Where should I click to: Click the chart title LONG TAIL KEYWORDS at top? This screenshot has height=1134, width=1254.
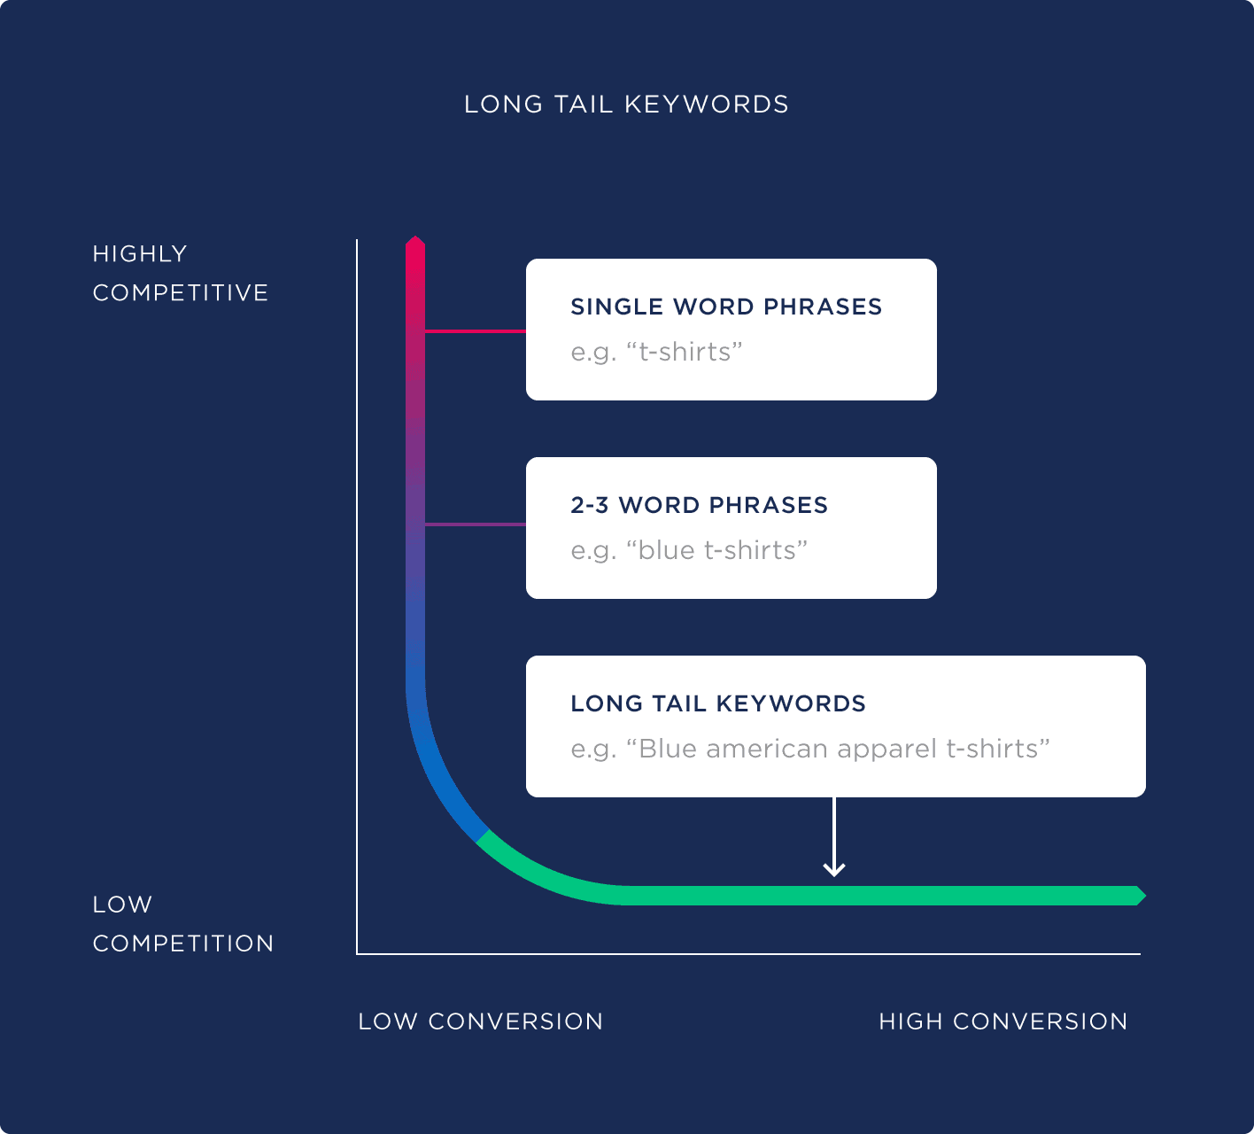pos(626,105)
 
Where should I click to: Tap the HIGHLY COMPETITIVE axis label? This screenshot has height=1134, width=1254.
pos(180,273)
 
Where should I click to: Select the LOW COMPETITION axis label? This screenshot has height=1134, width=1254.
pos(182,923)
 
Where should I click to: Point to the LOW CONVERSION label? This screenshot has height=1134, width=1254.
pos(480,1021)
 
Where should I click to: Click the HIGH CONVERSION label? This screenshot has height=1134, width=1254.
pos(1002,1021)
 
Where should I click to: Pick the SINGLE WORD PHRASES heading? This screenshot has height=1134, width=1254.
pos(726,307)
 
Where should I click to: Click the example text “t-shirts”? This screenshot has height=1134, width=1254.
pos(656,352)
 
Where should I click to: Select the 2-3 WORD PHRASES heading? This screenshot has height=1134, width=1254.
pos(699,505)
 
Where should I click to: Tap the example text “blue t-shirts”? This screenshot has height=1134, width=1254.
pos(689,550)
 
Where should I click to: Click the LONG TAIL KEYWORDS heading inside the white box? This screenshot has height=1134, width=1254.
pos(718,703)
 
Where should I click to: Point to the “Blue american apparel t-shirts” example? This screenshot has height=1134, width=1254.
pos(810,749)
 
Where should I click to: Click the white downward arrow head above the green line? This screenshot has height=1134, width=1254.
pos(833,870)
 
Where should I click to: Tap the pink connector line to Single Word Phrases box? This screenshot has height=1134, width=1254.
pos(475,331)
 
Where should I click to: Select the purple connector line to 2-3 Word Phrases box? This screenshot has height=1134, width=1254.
pos(475,524)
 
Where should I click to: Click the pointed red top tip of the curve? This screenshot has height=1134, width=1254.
pos(415,241)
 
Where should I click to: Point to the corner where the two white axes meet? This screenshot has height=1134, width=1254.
pos(357,954)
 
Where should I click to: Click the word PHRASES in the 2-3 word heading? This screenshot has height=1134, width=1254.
pos(768,505)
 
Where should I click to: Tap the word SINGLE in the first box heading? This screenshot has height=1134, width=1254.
pos(617,307)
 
